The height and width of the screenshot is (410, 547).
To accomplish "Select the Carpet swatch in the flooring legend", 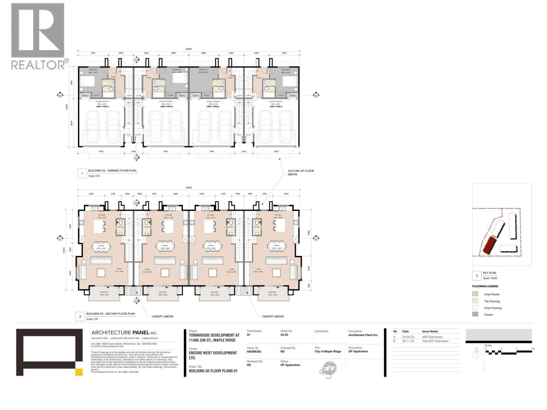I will [x=475, y=314].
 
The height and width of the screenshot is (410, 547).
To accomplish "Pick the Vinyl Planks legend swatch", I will [x=475, y=294].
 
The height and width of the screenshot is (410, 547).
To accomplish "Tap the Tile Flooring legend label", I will [x=492, y=301].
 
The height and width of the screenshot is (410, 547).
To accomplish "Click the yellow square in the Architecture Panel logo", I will [x=79, y=372].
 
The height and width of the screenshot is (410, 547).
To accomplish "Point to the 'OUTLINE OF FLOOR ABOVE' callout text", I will [x=301, y=173].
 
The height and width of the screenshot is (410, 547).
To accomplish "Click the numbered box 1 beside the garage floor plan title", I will [x=82, y=174].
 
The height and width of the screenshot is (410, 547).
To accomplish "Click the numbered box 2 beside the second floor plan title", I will [x=80, y=316].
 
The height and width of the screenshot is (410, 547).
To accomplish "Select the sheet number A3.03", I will [x=284, y=335].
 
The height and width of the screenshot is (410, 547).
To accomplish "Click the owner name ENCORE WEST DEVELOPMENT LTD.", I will [x=213, y=355].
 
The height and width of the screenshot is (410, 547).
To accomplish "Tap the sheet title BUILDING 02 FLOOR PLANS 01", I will [x=213, y=371].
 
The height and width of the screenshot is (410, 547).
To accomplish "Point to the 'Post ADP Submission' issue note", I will [x=435, y=341].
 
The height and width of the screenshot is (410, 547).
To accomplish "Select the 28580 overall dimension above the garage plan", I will [x=188, y=49].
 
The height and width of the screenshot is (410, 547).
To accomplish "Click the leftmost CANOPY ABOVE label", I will [x=162, y=316].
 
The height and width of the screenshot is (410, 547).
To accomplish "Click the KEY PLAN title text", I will [x=489, y=273].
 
